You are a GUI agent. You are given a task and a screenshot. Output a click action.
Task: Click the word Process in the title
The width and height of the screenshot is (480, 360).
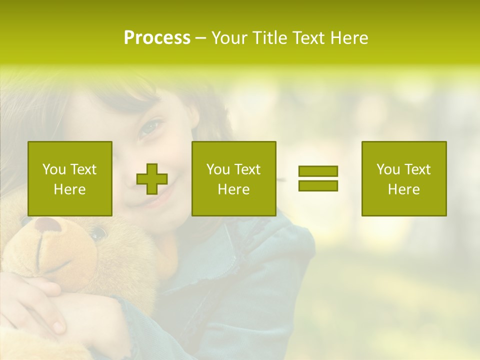coord(157,38)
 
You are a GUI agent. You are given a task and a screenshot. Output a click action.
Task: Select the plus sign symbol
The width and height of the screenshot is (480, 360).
coord(152,179)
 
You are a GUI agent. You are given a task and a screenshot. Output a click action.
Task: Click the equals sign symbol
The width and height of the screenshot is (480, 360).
coord(318,178)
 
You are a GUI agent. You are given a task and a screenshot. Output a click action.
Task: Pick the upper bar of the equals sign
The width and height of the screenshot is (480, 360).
coord(318,171)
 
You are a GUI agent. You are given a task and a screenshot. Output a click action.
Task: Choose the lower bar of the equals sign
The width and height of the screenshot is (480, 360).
coord(318,185)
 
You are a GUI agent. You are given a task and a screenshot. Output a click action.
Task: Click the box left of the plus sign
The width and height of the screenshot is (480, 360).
coord(70,178)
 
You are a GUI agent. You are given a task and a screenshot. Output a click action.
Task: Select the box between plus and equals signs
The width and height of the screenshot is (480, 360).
coord(233,178)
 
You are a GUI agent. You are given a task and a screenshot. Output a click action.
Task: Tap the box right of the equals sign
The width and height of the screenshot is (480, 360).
coord(404,178)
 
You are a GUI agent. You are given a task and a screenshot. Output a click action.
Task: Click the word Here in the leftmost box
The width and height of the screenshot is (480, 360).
coord(70,189)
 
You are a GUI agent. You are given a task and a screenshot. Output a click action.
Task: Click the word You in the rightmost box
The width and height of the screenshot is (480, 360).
coord(388,169)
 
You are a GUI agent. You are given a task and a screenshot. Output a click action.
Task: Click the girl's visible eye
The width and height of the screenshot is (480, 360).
coord(148,127)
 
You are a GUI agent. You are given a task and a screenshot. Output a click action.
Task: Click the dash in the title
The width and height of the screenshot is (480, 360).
coord(200,38)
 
